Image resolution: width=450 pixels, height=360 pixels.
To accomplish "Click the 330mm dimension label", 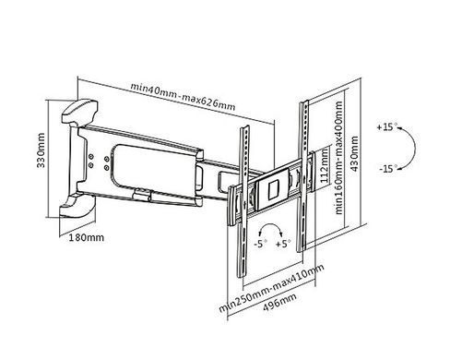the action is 41,150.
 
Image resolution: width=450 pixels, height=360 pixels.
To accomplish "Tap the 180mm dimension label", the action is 86,237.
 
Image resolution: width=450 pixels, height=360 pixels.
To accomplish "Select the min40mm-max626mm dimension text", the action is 184,96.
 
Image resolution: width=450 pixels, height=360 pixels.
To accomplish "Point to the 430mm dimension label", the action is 354,153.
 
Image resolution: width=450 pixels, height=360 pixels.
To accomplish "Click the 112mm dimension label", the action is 325,166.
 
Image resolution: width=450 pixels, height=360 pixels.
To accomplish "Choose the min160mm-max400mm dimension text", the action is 338,158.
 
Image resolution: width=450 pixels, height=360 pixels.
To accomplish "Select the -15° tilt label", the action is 388,169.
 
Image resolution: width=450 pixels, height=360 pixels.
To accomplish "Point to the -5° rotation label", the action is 260,244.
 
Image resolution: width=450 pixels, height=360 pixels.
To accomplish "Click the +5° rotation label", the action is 282,244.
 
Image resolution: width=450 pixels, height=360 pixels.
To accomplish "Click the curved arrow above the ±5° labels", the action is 271,224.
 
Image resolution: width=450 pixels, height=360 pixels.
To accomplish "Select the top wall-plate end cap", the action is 80,111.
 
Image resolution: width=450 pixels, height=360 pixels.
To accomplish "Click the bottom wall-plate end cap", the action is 77,207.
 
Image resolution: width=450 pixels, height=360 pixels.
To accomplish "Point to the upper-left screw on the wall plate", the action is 90,157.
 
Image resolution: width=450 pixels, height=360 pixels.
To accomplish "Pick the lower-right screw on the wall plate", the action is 106,168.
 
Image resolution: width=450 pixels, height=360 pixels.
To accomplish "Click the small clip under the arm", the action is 142,196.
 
